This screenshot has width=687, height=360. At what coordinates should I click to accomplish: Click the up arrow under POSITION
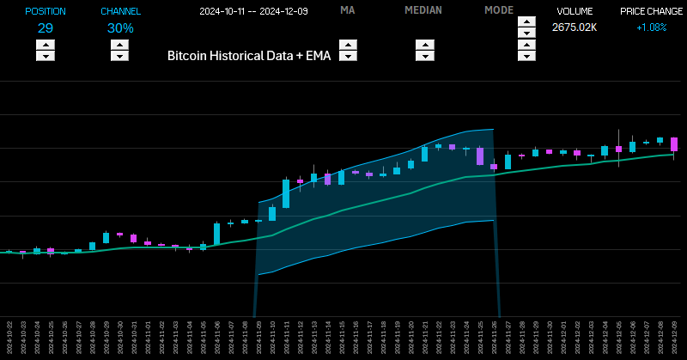click(x=46, y=45)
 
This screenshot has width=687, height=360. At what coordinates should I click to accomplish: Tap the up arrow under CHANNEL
click(x=120, y=45)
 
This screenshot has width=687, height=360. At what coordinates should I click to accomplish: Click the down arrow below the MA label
click(x=348, y=57)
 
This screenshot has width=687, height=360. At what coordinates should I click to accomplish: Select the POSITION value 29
click(x=46, y=27)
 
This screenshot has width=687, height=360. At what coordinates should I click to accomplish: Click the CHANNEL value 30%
click(x=120, y=27)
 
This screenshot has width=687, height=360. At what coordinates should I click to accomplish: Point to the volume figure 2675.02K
click(x=575, y=27)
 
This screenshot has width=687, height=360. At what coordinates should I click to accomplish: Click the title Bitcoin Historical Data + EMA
click(x=249, y=54)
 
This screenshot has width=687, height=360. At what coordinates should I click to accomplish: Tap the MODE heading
click(x=499, y=10)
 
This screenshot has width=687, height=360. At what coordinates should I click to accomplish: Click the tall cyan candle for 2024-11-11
click(x=286, y=193)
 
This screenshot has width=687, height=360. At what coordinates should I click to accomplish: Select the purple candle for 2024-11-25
click(x=480, y=156)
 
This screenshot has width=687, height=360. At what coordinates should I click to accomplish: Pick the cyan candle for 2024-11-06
click(x=216, y=234)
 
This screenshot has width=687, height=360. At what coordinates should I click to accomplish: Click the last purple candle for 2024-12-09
click(x=675, y=144)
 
